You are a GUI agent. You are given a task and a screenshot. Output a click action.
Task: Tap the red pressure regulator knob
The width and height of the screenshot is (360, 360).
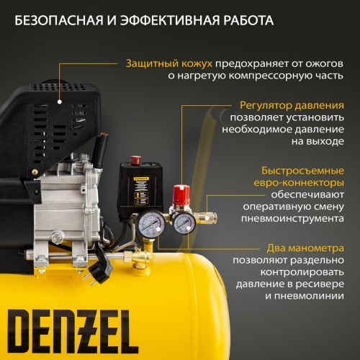click(181, 194)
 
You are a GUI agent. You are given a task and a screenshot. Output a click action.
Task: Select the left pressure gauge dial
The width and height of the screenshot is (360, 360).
click(151, 224)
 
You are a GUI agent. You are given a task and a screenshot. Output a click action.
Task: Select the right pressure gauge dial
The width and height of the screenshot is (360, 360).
click(184, 224)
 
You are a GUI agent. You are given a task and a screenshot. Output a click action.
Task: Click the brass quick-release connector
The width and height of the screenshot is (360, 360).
click(207, 217)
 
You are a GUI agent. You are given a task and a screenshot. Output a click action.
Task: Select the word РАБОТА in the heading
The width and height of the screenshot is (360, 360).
click(248, 20)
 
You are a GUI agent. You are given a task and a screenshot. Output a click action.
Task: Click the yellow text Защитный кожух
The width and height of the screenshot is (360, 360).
click(169, 64)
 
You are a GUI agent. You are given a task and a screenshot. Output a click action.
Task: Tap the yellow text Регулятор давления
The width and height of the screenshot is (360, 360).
click(292, 105)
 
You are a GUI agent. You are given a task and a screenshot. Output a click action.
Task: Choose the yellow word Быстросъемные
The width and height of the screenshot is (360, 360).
click(302, 171)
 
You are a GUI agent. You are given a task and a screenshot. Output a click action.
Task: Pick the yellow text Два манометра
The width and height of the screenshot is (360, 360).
click(305, 248)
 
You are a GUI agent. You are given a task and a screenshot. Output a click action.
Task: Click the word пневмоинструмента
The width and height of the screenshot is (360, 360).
click(292, 219)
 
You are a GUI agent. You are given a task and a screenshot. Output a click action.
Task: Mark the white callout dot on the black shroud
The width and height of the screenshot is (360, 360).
click(60, 102)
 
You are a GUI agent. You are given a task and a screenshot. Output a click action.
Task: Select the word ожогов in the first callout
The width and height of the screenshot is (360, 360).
click(324, 64)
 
